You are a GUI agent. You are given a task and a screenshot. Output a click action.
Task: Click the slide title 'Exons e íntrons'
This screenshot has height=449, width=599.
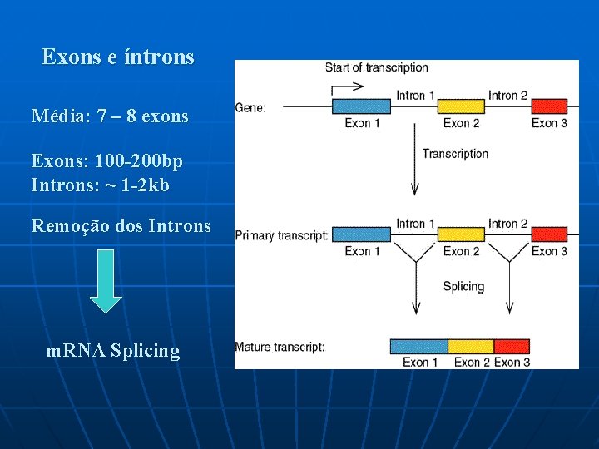(x=117, y=57)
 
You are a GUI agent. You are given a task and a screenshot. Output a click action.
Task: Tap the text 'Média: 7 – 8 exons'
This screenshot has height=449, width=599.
(x=110, y=116)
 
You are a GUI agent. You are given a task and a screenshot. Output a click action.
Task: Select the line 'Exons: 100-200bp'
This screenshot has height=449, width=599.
(x=107, y=160)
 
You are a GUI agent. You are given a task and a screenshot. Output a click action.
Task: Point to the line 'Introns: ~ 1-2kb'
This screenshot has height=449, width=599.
(x=100, y=185)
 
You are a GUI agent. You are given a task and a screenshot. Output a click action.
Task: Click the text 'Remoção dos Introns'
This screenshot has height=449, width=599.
(x=121, y=225)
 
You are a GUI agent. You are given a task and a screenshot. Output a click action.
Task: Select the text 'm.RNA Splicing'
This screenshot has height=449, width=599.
(x=113, y=351)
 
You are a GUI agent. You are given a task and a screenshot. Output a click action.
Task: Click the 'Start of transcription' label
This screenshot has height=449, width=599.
(x=376, y=67)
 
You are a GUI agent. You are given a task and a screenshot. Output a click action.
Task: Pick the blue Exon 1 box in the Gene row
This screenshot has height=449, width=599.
(x=362, y=106)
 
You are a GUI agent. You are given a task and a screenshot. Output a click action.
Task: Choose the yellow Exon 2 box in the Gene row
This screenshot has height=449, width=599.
(x=461, y=106)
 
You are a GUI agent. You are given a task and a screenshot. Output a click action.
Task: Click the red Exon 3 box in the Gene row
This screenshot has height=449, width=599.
(x=549, y=106)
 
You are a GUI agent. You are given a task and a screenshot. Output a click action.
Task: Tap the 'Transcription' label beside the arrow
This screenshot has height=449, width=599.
(x=454, y=153)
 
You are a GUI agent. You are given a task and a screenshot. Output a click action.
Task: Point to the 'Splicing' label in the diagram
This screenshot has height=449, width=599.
(x=463, y=286)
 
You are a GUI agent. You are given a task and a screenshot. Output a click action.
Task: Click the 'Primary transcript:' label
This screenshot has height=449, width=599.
(x=281, y=235)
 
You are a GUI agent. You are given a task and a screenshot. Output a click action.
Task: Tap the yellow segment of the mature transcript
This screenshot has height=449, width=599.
(x=471, y=346)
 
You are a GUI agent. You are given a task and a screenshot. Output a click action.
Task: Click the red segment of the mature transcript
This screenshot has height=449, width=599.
(x=512, y=346)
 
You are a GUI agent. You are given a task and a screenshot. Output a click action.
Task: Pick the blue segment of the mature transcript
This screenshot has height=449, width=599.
(x=419, y=346)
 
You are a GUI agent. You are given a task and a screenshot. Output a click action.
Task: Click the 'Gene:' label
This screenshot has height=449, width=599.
(x=251, y=107)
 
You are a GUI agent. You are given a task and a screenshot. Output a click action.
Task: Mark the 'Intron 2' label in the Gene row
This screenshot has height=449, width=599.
(x=507, y=96)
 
